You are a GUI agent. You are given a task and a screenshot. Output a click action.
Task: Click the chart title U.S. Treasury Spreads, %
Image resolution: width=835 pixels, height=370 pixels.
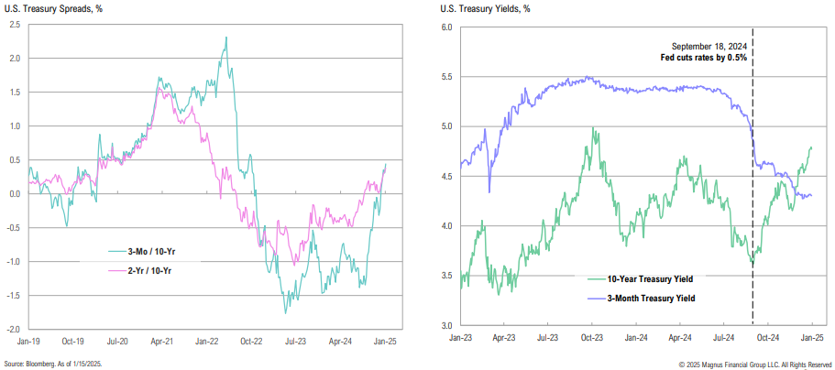point(51,9)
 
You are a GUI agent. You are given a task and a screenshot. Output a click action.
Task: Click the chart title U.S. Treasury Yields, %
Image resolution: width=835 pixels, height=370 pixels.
point(484,9)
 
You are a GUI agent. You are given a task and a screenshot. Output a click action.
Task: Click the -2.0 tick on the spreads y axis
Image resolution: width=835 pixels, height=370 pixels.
point(14,329)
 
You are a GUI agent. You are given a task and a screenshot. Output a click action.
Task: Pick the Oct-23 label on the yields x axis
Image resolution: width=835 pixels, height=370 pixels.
point(590,339)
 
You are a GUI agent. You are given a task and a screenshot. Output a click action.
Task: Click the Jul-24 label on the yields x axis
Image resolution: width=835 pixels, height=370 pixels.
point(721,339)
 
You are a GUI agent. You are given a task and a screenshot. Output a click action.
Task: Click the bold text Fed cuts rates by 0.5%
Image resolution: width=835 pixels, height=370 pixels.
point(705,57)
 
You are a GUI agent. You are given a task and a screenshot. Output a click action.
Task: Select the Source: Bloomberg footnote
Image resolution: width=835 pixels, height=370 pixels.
point(53,363)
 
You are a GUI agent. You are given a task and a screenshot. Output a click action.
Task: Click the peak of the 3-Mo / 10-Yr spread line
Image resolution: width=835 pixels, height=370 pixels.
point(225,38)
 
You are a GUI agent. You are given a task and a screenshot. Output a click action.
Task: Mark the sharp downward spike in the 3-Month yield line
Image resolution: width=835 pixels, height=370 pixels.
point(490,191)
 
